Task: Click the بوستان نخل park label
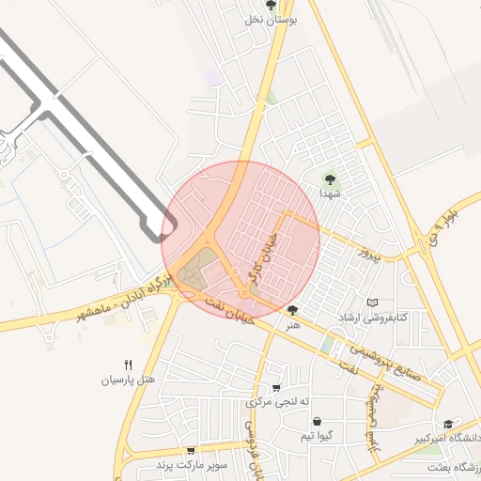click(272, 19)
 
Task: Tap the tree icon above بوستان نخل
click(272, 5)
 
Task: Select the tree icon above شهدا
click(330, 178)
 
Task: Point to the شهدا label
click(329, 193)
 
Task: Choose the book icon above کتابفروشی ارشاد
click(375, 303)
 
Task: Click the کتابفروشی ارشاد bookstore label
click(375, 318)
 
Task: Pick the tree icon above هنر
click(293, 310)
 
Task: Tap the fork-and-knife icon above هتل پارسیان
click(128, 365)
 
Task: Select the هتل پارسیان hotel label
click(128, 380)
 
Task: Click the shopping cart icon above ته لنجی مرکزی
click(275, 388)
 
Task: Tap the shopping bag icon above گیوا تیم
click(316, 422)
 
